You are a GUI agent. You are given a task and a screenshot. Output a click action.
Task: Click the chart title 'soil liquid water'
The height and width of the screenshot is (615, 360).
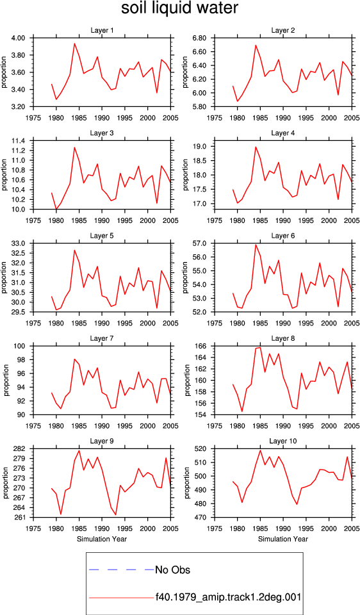tap(179, 8)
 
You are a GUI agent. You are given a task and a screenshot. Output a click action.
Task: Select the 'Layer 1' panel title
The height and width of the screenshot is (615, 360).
tap(102, 31)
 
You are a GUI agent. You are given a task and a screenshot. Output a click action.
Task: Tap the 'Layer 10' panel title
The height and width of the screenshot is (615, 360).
tap(283, 441)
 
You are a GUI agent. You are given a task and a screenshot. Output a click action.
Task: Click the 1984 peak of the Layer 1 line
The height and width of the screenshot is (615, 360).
tap(74, 44)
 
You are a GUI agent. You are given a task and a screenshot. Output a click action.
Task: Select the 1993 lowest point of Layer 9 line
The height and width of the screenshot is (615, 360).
tap(116, 514)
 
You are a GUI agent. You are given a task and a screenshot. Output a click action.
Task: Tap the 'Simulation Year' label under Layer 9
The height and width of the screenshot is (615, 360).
tap(102, 539)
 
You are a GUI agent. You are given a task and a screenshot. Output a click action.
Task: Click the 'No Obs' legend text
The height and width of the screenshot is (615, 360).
tap(173, 570)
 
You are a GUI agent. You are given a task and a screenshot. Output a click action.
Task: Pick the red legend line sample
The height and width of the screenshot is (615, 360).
tap(121, 598)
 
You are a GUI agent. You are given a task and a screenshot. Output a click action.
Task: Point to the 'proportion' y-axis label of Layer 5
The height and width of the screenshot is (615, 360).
tap(4, 278)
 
